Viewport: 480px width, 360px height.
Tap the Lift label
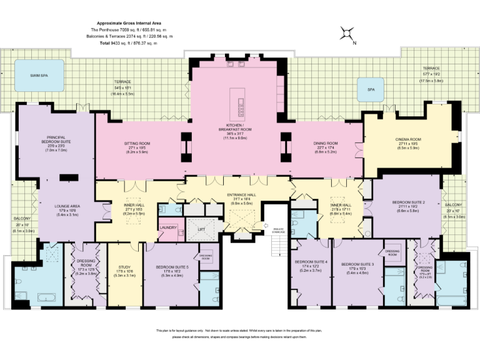pyautogui.click(x=201, y=229)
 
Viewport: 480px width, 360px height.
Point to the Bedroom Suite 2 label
pyautogui.click(x=408, y=202)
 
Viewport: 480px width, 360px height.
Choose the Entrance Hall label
pyautogui.click(x=240, y=196)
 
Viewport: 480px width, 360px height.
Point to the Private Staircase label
pyautogui.click(x=279, y=230)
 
